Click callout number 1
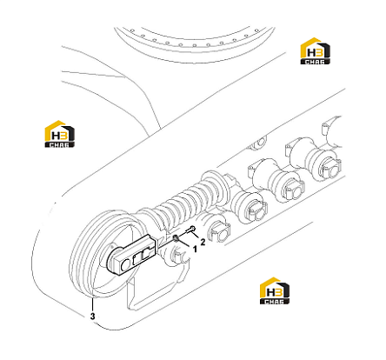pyautogui.click(x=195, y=249)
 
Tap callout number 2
pyautogui.click(x=203, y=242)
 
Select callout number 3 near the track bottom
pyautogui.click(x=92, y=316)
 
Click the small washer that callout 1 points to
pyautogui.click(x=176, y=238)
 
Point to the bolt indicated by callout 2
pyautogui.click(x=191, y=230)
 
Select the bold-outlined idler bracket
pyautogui.click(x=132, y=255)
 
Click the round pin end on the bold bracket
pyautogui.click(x=126, y=264)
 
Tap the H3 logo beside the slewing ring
pyautogui.click(x=315, y=50)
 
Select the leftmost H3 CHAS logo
pyautogui.click(x=59, y=134)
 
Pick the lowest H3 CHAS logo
pyautogui.click(x=275, y=290)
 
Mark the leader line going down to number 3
pyautogui.click(x=92, y=305)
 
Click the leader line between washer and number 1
pyautogui.click(x=184, y=243)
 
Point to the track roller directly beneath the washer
pyautogui.click(x=177, y=255)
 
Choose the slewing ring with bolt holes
pyautogui.click(x=194, y=43)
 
